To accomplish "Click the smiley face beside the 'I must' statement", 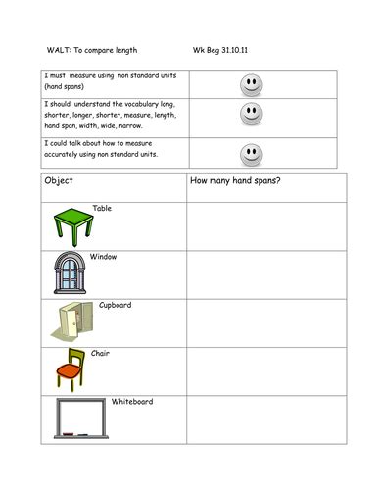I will (252, 84).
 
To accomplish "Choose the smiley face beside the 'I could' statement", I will (252, 154).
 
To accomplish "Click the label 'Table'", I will (102, 209).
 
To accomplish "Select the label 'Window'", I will (103, 257).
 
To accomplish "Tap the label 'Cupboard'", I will (115, 305).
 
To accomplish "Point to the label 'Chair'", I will (100, 353).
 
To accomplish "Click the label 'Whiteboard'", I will (132, 402).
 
